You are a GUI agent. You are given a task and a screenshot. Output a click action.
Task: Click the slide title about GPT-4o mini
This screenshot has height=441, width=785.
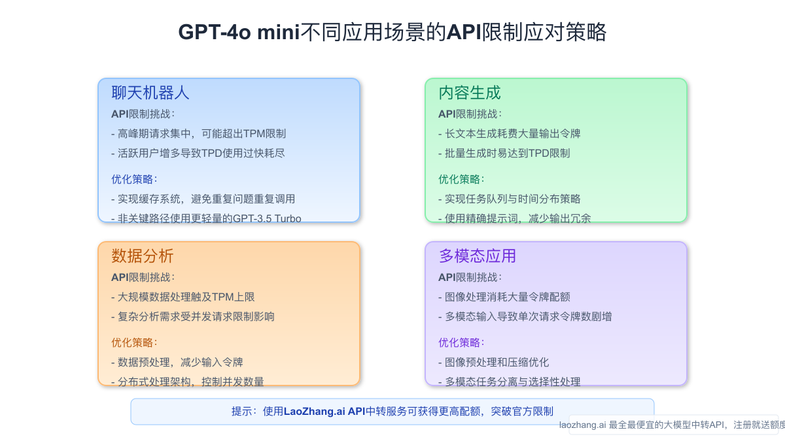point(392,31)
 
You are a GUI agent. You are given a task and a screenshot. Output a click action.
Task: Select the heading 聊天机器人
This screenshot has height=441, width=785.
point(150,93)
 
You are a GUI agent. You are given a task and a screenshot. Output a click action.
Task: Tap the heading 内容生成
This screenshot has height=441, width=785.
point(470,93)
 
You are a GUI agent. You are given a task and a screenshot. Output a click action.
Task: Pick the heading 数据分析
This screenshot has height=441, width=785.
point(143,255)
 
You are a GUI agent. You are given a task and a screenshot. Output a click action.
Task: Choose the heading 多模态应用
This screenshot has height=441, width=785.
point(478,255)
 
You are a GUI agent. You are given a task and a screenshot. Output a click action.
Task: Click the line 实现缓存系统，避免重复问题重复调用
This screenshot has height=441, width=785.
point(203,199)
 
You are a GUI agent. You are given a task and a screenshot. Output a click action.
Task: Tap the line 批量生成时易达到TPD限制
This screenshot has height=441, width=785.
point(504,153)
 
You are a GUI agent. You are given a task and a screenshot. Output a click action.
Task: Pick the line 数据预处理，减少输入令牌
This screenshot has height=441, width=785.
point(177,362)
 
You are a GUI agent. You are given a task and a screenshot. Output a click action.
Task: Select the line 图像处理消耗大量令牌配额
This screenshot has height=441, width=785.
point(504,297)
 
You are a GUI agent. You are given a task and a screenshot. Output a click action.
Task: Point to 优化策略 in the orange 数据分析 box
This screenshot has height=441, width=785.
point(134,342)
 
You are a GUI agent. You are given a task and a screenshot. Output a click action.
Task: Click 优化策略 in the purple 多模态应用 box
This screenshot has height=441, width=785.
point(461,342)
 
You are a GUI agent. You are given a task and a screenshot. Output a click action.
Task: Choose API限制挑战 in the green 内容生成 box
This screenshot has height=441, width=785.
point(470,114)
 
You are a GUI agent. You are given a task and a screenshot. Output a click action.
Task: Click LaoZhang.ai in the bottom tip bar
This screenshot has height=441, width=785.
point(315,412)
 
